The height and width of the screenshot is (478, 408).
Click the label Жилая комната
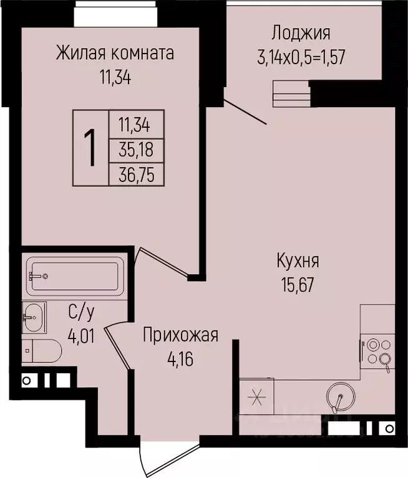[114, 53]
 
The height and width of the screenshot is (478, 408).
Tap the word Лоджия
[301, 33]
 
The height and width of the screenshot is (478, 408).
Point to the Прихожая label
[180, 335]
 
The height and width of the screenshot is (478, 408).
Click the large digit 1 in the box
[90, 148]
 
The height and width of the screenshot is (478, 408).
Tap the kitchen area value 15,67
[296, 284]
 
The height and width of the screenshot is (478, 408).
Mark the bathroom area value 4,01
[82, 336]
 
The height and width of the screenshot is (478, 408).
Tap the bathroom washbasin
[33, 318]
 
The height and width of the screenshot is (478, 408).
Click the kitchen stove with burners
[377, 351]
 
